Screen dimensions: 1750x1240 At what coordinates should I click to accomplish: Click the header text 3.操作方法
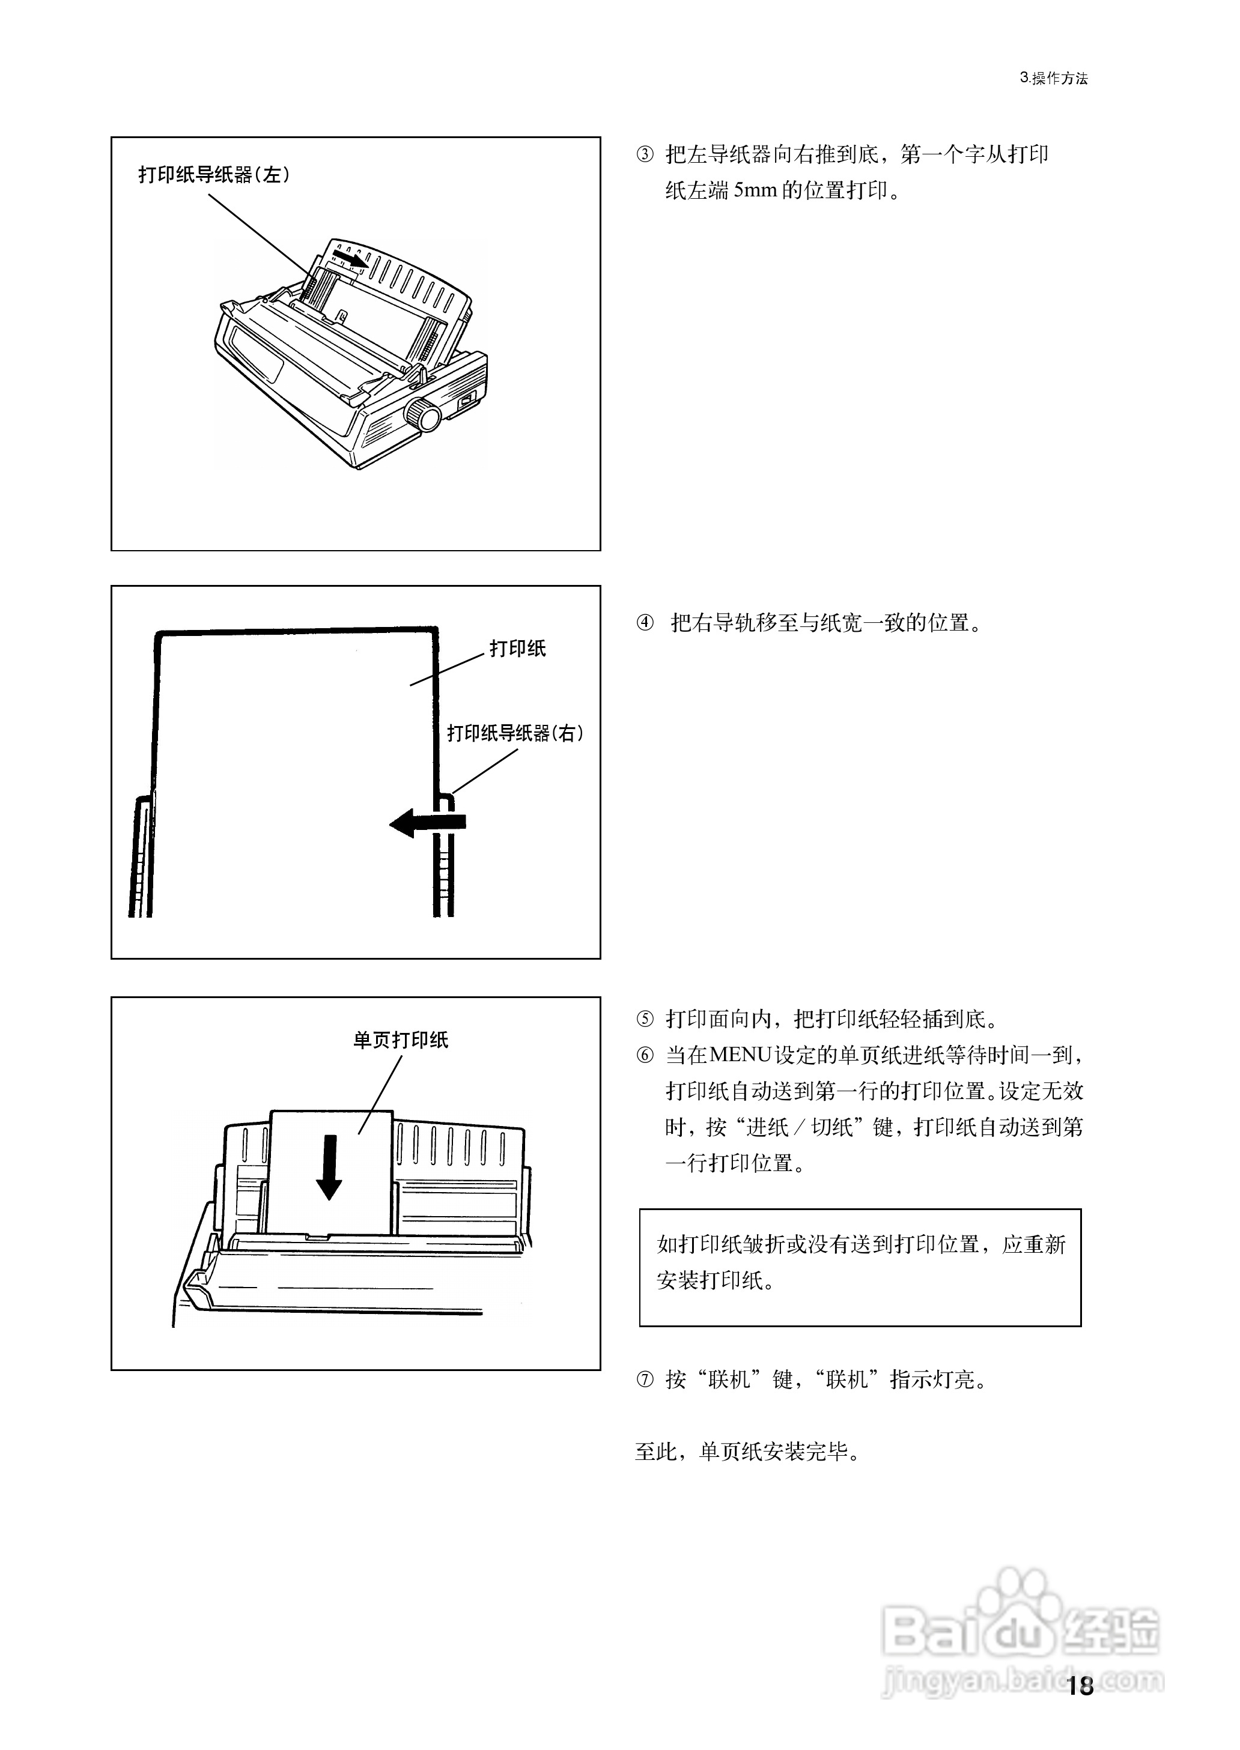tap(1053, 78)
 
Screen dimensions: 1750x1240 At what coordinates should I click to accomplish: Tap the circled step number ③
tap(645, 155)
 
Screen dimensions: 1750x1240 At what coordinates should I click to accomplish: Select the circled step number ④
tap(645, 623)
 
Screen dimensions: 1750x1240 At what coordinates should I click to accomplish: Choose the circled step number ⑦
tap(645, 1380)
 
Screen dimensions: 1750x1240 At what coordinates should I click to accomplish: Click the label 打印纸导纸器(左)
tap(214, 175)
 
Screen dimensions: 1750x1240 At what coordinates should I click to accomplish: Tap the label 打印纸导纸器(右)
tap(515, 733)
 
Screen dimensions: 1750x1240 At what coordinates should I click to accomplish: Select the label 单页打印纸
tap(400, 1040)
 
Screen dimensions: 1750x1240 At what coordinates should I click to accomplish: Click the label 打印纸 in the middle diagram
tap(518, 649)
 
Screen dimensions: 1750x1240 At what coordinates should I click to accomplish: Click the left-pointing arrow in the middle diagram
tap(428, 823)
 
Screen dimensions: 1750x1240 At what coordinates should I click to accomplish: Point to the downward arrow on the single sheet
tap(329, 1167)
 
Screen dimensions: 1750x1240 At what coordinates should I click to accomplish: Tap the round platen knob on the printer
tap(422, 415)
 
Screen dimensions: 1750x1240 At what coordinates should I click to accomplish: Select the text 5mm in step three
tap(755, 191)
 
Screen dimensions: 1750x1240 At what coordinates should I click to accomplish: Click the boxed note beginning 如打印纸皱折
tap(860, 1268)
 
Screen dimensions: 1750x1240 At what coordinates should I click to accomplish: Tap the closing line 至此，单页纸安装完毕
tap(749, 1452)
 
